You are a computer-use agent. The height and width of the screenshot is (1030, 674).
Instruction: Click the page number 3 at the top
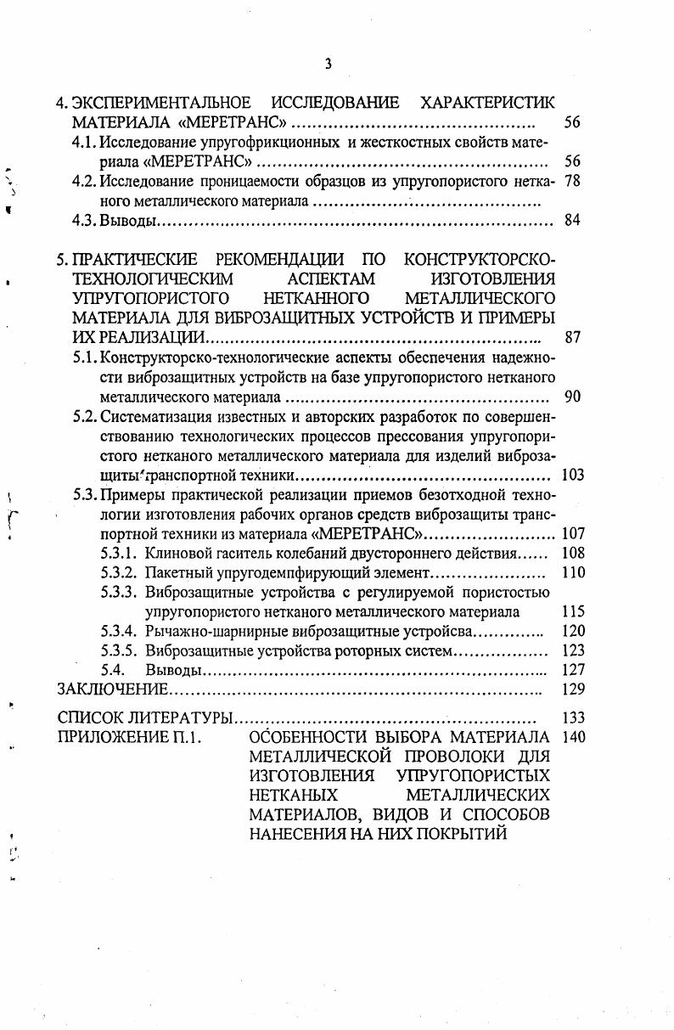(327, 64)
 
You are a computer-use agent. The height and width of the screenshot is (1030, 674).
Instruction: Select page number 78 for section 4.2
(571, 181)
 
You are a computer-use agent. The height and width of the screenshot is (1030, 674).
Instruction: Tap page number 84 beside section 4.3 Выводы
(571, 222)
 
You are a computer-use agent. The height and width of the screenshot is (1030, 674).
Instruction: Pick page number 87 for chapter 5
(571, 337)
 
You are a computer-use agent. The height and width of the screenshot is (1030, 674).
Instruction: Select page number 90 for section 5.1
(571, 397)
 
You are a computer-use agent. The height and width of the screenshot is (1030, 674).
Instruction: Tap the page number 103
(573, 475)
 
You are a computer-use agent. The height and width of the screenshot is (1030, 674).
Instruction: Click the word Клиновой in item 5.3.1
(173, 554)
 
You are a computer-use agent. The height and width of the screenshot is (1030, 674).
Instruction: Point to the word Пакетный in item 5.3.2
(173, 573)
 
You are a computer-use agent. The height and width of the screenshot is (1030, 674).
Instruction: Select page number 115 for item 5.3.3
(573, 611)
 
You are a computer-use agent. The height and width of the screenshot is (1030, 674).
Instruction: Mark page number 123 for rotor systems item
(573, 650)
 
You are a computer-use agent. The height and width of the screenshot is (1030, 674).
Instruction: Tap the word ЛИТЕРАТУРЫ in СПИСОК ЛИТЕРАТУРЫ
(184, 718)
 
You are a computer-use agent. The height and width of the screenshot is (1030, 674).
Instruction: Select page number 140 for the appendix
(573, 736)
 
